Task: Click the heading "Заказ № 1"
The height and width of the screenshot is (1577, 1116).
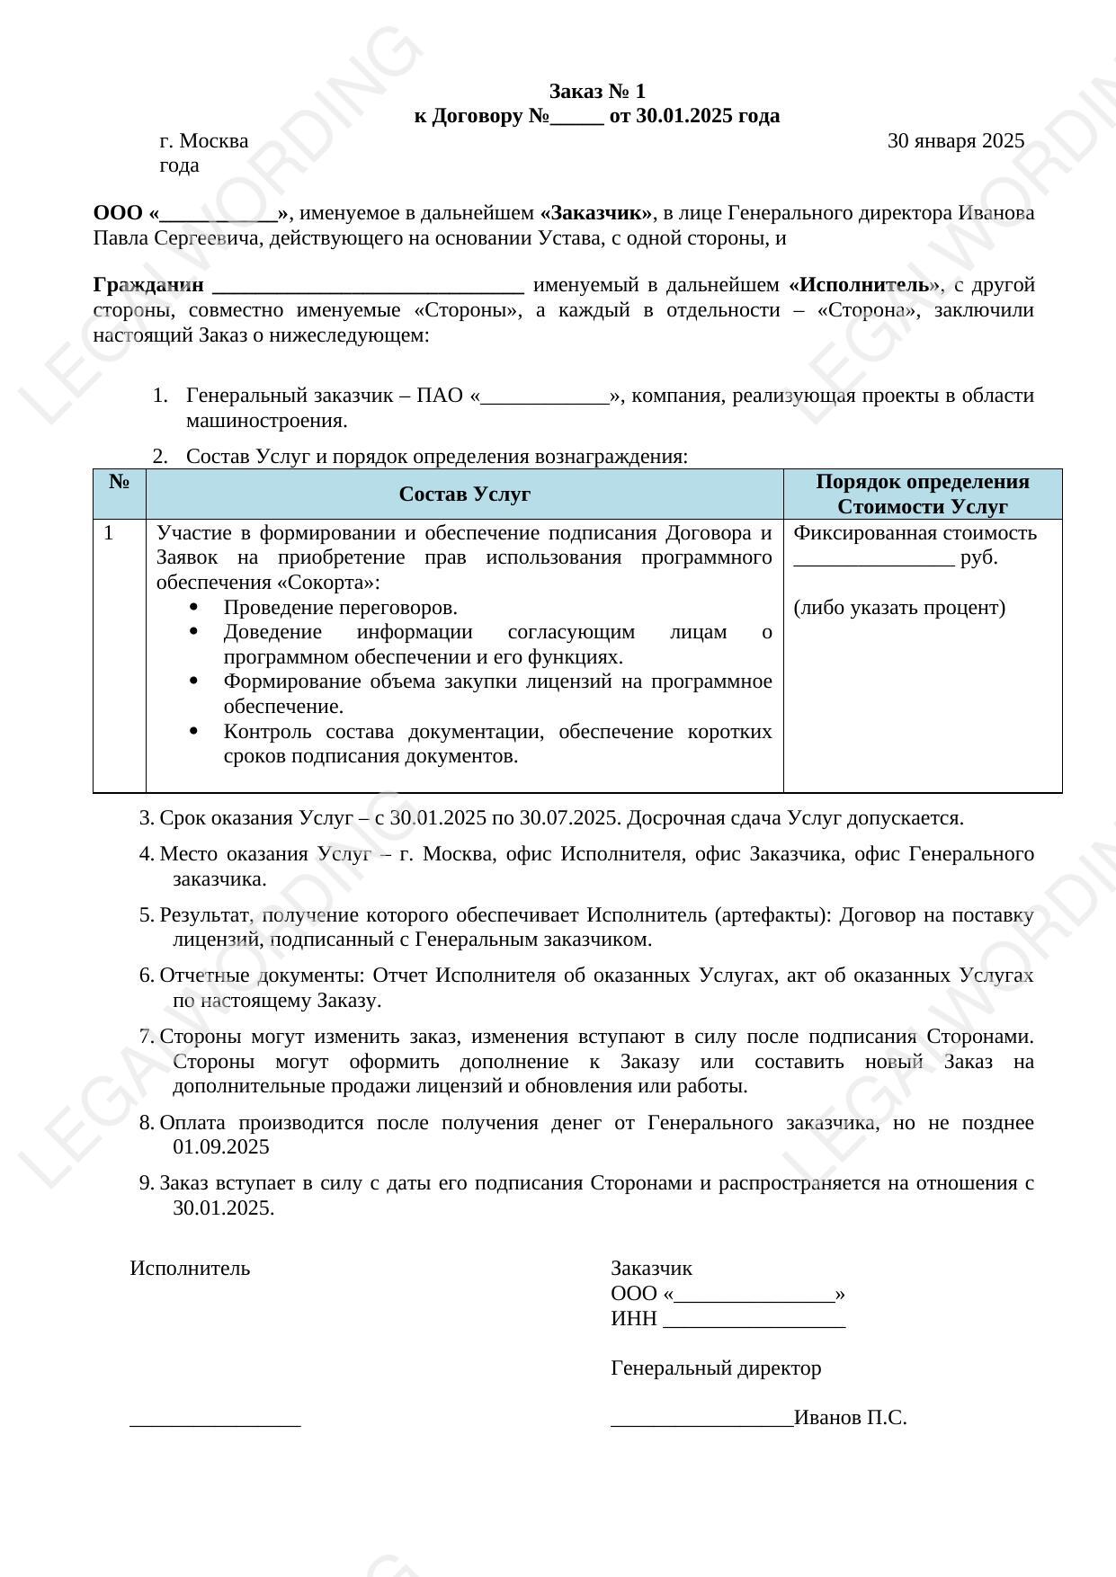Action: click(x=597, y=92)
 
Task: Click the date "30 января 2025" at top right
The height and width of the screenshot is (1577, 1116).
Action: click(x=955, y=141)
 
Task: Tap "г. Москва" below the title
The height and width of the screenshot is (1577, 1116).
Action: click(x=203, y=141)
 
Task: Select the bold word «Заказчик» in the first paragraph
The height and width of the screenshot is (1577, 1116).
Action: click(x=596, y=213)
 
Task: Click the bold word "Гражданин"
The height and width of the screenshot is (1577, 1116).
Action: click(x=148, y=286)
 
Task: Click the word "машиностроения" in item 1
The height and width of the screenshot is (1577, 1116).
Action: click(x=264, y=421)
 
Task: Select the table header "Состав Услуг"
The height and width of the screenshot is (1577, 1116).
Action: click(x=464, y=494)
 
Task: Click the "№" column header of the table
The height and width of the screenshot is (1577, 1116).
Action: click(x=120, y=482)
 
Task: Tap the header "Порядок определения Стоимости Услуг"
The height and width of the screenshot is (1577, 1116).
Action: click(x=922, y=494)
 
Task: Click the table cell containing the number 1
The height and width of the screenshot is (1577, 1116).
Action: click(x=109, y=533)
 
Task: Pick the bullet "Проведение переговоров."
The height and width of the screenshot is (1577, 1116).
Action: click(x=340, y=608)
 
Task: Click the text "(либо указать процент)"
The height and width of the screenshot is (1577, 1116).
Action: click(x=899, y=608)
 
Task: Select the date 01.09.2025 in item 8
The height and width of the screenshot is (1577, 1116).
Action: click(x=220, y=1147)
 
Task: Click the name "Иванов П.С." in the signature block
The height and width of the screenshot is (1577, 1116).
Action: click(x=851, y=1419)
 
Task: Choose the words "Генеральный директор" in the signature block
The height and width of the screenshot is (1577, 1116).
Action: click(x=715, y=1368)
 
